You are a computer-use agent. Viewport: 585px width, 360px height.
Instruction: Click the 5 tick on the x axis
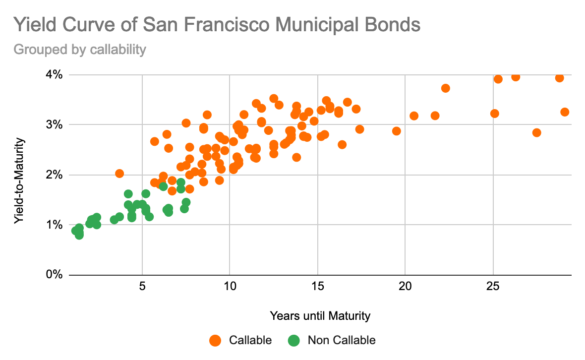click(x=142, y=287)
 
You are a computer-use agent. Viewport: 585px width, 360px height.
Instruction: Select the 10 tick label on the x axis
click(x=230, y=287)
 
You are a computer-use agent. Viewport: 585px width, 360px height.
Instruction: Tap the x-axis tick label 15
click(x=317, y=287)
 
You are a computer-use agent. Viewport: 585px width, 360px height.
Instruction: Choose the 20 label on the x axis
click(x=405, y=287)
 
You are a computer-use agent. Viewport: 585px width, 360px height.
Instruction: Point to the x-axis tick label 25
click(x=493, y=287)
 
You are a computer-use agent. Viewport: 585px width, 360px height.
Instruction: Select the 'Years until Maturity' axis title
click(x=320, y=315)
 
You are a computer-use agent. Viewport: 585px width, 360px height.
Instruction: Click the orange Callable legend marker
click(x=215, y=340)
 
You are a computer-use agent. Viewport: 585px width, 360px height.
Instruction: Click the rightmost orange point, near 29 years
click(x=565, y=112)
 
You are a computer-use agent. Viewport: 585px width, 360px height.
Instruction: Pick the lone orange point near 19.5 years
click(x=396, y=131)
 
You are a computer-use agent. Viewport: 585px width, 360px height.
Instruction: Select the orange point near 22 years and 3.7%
click(x=445, y=88)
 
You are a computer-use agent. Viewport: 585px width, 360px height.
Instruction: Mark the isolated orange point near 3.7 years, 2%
click(x=119, y=174)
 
